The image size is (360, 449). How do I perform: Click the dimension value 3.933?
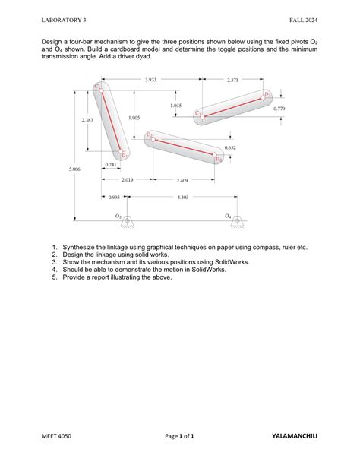[x=150, y=79]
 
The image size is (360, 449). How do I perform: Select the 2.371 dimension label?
[x=232, y=79]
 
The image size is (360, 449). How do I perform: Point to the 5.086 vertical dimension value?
[x=74, y=169]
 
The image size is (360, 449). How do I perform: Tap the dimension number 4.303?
[x=182, y=198]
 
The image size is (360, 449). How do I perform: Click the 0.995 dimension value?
[x=114, y=198]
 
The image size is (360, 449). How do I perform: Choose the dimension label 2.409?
[x=182, y=181]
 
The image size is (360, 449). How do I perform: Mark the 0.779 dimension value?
[x=279, y=109]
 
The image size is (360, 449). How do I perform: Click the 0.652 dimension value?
[x=230, y=147]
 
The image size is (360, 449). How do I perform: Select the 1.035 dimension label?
[x=175, y=106]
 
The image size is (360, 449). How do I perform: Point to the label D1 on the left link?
[x=124, y=154]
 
